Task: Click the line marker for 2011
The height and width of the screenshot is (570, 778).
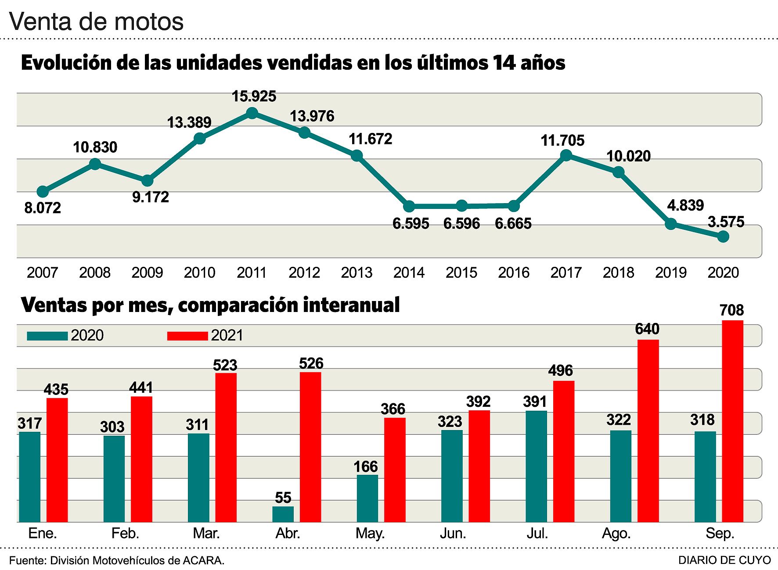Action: pyautogui.click(x=252, y=113)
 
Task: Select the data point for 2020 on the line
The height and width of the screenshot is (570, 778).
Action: pyautogui.click(x=723, y=237)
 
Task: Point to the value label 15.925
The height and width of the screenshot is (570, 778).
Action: pyautogui.click(x=254, y=97)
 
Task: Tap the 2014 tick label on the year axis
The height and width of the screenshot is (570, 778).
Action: pyautogui.click(x=409, y=272)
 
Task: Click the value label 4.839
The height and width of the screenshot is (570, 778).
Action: pyautogui.click(x=685, y=205)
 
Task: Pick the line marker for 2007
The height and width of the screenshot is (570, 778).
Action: pyautogui.click(x=43, y=191)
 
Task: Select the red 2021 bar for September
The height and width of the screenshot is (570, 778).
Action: pyautogui.click(x=732, y=421)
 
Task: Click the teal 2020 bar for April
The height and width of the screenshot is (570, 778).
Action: pyautogui.click(x=283, y=514)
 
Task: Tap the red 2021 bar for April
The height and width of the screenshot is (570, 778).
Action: pyautogui.click(x=310, y=447)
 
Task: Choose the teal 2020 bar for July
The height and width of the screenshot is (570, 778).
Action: pyautogui.click(x=536, y=466)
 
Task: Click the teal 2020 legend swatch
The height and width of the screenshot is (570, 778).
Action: pyautogui.click(x=47, y=336)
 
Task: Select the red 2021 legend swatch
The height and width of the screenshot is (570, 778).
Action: pyautogui.click(x=187, y=336)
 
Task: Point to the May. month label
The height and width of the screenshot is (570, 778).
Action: pyautogui.click(x=370, y=534)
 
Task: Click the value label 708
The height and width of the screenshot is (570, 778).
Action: pyautogui.click(x=731, y=311)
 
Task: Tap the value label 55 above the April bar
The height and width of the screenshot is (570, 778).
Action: pyautogui.click(x=283, y=498)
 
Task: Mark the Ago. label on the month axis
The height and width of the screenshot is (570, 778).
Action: pyautogui.click(x=616, y=534)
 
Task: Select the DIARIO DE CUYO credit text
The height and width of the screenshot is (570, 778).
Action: pyautogui.click(x=724, y=560)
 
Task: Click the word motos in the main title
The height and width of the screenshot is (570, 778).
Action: pyautogui.click(x=151, y=22)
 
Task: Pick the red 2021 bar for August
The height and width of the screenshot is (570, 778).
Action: pyautogui.click(x=648, y=430)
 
